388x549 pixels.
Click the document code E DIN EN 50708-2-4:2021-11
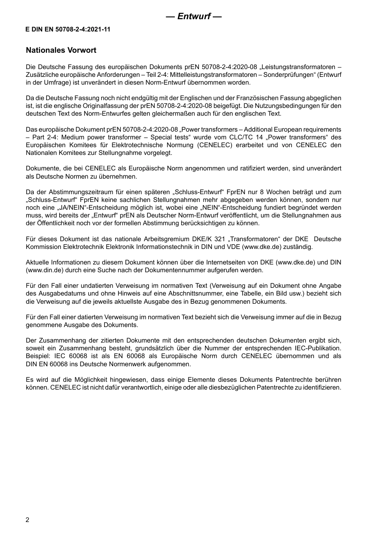tap(68, 29)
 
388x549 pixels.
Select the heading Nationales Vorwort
tap(61, 50)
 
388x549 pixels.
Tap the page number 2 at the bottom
tap(27, 520)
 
